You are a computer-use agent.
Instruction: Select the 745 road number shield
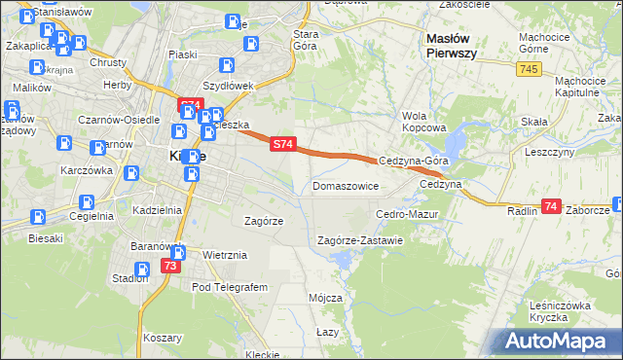point(530,68)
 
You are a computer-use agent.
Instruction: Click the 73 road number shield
point(171,266)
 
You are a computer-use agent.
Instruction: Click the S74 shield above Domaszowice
point(280,144)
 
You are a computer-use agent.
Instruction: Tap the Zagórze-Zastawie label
point(360,240)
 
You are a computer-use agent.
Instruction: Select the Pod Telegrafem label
point(229,287)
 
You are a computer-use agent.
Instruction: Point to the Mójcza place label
point(324,298)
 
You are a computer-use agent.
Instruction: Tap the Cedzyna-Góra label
point(412,162)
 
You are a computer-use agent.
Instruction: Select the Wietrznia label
point(225,255)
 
